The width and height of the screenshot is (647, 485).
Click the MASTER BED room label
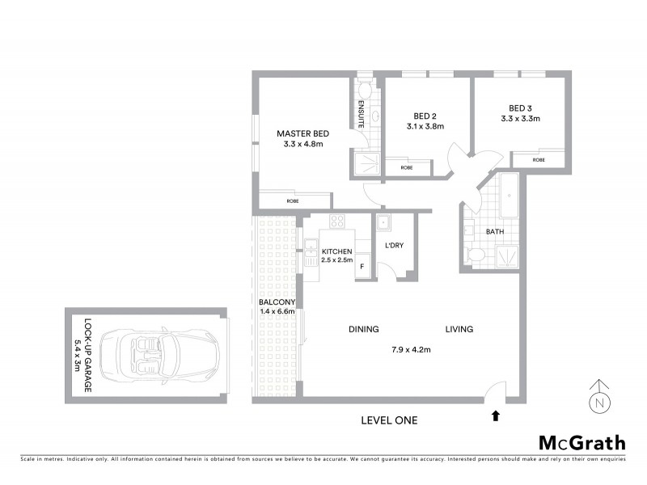[x=302, y=133]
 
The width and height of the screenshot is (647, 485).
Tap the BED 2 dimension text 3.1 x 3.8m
[x=425, y=126]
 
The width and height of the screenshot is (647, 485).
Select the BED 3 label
[x=520, y=108]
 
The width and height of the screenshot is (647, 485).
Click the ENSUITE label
[x=362, y=114]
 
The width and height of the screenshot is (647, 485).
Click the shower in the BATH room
[x=506, y=255]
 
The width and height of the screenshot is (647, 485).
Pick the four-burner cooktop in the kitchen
[x=337, y=221]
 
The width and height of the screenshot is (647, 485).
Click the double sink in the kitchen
[x=310, y=252]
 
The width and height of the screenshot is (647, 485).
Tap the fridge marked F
[x=362, y=266]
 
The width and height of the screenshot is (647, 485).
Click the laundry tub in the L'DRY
[x=384, y=222]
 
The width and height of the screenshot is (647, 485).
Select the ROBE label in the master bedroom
[x=294, y=201]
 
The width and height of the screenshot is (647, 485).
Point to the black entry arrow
[x=496, y=416]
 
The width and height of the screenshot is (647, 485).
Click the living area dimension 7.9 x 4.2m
[x=411, y=350]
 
